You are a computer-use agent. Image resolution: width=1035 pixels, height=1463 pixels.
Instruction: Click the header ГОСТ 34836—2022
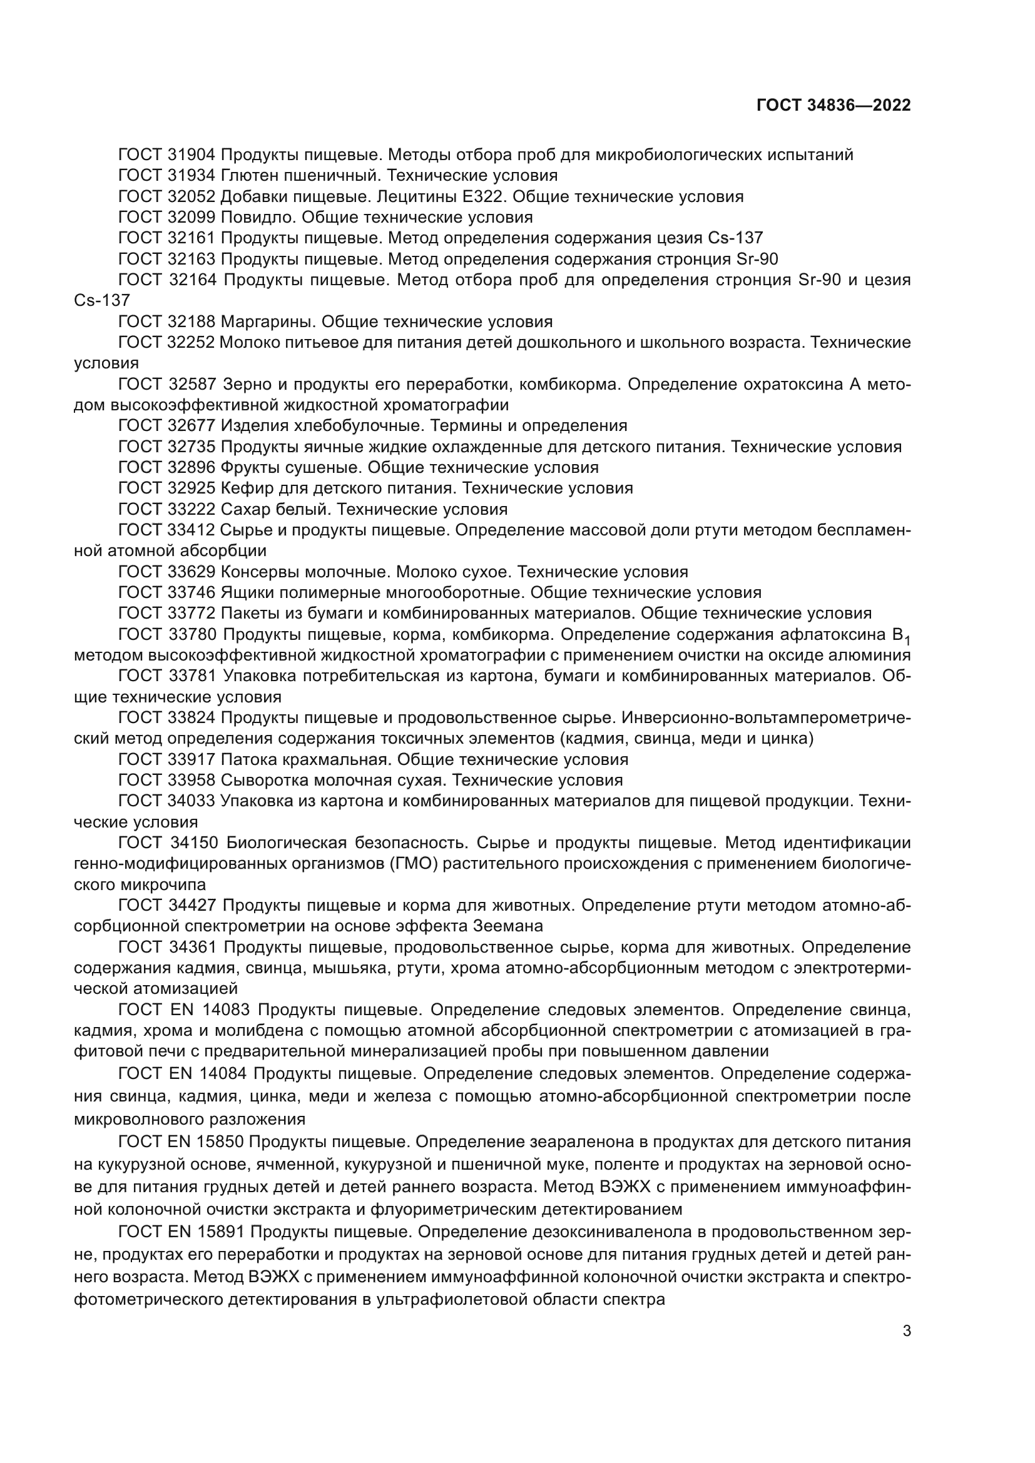[x=833, y=106]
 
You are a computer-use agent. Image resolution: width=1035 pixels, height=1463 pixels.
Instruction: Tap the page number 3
[x=907, y=1331]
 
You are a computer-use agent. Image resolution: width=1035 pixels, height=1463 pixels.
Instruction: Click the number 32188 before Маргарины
[x=192, y=321]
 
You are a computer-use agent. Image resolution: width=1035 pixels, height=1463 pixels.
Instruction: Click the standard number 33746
[x=192, y=592]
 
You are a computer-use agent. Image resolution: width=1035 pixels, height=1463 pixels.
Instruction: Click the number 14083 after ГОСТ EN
[x=228, y=1010]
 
